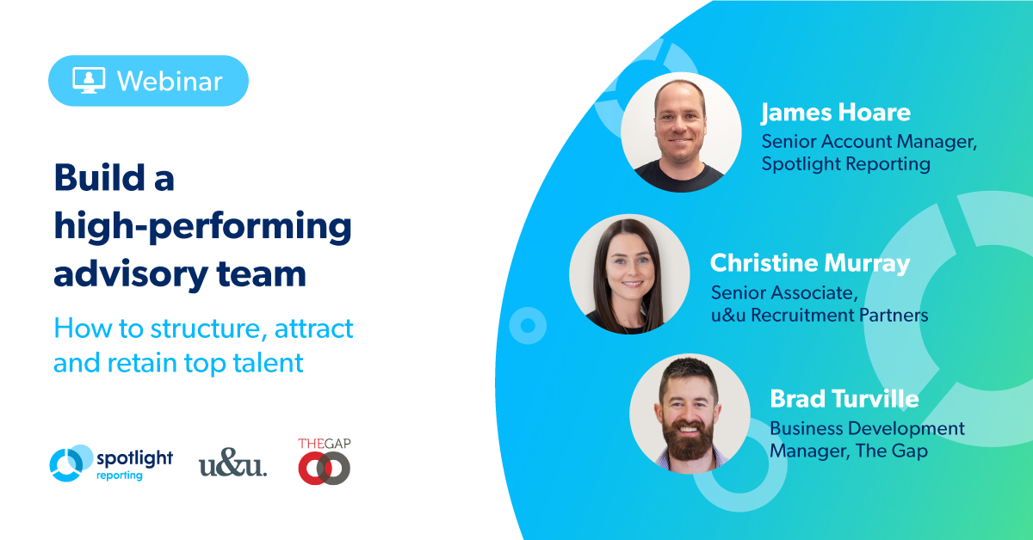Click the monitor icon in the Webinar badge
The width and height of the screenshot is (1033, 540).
[x=89, y=81]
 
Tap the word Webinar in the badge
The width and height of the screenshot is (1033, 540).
[x=170, y=81]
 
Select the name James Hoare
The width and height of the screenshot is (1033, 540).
[x=836, y=113]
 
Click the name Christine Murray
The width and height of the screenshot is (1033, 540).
[x=810, y=263]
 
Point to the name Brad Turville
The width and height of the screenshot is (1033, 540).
[x=844, y=398]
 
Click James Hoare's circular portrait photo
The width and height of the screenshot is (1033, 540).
[x=681, y=132]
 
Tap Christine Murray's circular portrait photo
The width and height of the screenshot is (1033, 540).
[x=629, y=274]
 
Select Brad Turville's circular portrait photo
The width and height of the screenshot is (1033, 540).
[x=690, y=414]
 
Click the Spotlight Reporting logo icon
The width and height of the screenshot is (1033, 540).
[x=70, y=463]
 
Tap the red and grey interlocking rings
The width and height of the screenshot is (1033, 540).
[x=325, y=468]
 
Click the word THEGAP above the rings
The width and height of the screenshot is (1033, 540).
[x=325, y=443]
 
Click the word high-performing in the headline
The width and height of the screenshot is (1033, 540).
[x=203, y=226]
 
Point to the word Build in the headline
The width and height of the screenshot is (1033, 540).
[x=99, y=177]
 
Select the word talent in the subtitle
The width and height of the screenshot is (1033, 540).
[x=268, y=363]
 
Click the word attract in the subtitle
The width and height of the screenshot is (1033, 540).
[x=314, y=328]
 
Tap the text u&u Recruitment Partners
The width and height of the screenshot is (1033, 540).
[x=820, y=316]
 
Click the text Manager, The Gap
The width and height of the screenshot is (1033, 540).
[x=849, y=451]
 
